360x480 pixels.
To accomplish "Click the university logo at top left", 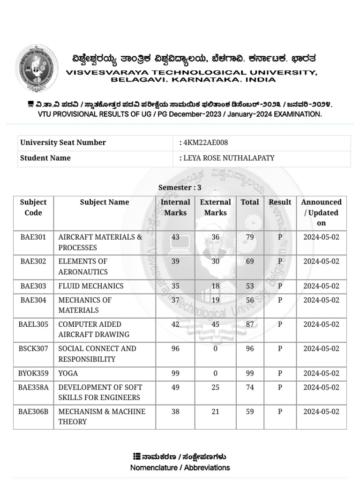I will coord(37,68).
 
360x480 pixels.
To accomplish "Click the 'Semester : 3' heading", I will coord(180,187).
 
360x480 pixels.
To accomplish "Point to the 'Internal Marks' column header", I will coord(175,207).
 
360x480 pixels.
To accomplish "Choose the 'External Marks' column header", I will coord(216,207).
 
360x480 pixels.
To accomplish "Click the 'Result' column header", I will coord(280,202).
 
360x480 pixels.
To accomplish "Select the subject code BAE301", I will coord(33,237).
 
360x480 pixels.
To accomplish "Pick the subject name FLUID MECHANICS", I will coord(91,286).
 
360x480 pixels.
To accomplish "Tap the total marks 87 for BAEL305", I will coord(250,324).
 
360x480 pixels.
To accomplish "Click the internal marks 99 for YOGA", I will coord(175,373).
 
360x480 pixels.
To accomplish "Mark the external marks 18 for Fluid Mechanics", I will coord(216,286).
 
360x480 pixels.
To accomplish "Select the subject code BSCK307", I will coord(33,349).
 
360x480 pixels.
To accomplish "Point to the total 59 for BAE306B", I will coord(250,412).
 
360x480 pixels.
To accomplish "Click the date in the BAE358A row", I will coord(321,387).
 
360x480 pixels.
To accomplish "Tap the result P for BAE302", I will coord(280,262).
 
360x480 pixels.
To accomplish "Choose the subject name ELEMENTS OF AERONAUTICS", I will coord(83,266).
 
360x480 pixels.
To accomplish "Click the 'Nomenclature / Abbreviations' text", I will coord(180,467).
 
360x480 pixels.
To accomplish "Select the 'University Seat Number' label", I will coord(63,142).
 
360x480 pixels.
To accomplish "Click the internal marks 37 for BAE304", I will coord(175,300).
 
